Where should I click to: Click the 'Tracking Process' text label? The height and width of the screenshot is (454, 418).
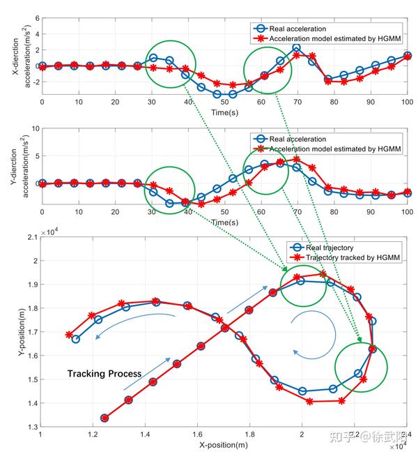104,374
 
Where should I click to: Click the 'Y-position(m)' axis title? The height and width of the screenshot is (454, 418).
15,327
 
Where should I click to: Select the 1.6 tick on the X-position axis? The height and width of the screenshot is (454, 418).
197,434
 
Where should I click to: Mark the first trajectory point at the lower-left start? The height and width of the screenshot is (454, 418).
104,418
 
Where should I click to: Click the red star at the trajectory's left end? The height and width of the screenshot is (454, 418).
68,335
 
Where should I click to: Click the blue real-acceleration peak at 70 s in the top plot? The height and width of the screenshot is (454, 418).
296,48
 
